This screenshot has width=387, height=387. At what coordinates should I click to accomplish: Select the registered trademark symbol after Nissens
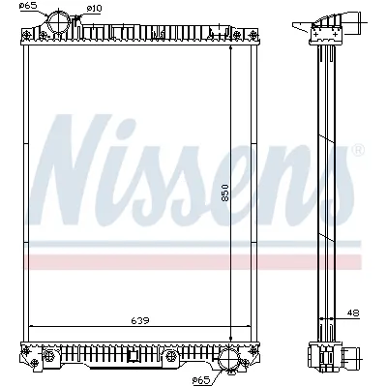point(357,152)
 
